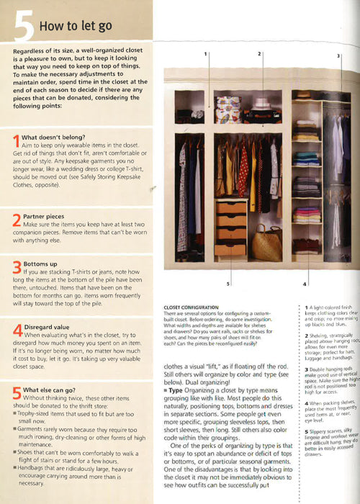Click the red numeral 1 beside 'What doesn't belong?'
17,138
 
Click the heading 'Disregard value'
50,327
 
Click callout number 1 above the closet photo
206,54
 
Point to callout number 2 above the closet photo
258,53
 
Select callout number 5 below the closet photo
228,284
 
